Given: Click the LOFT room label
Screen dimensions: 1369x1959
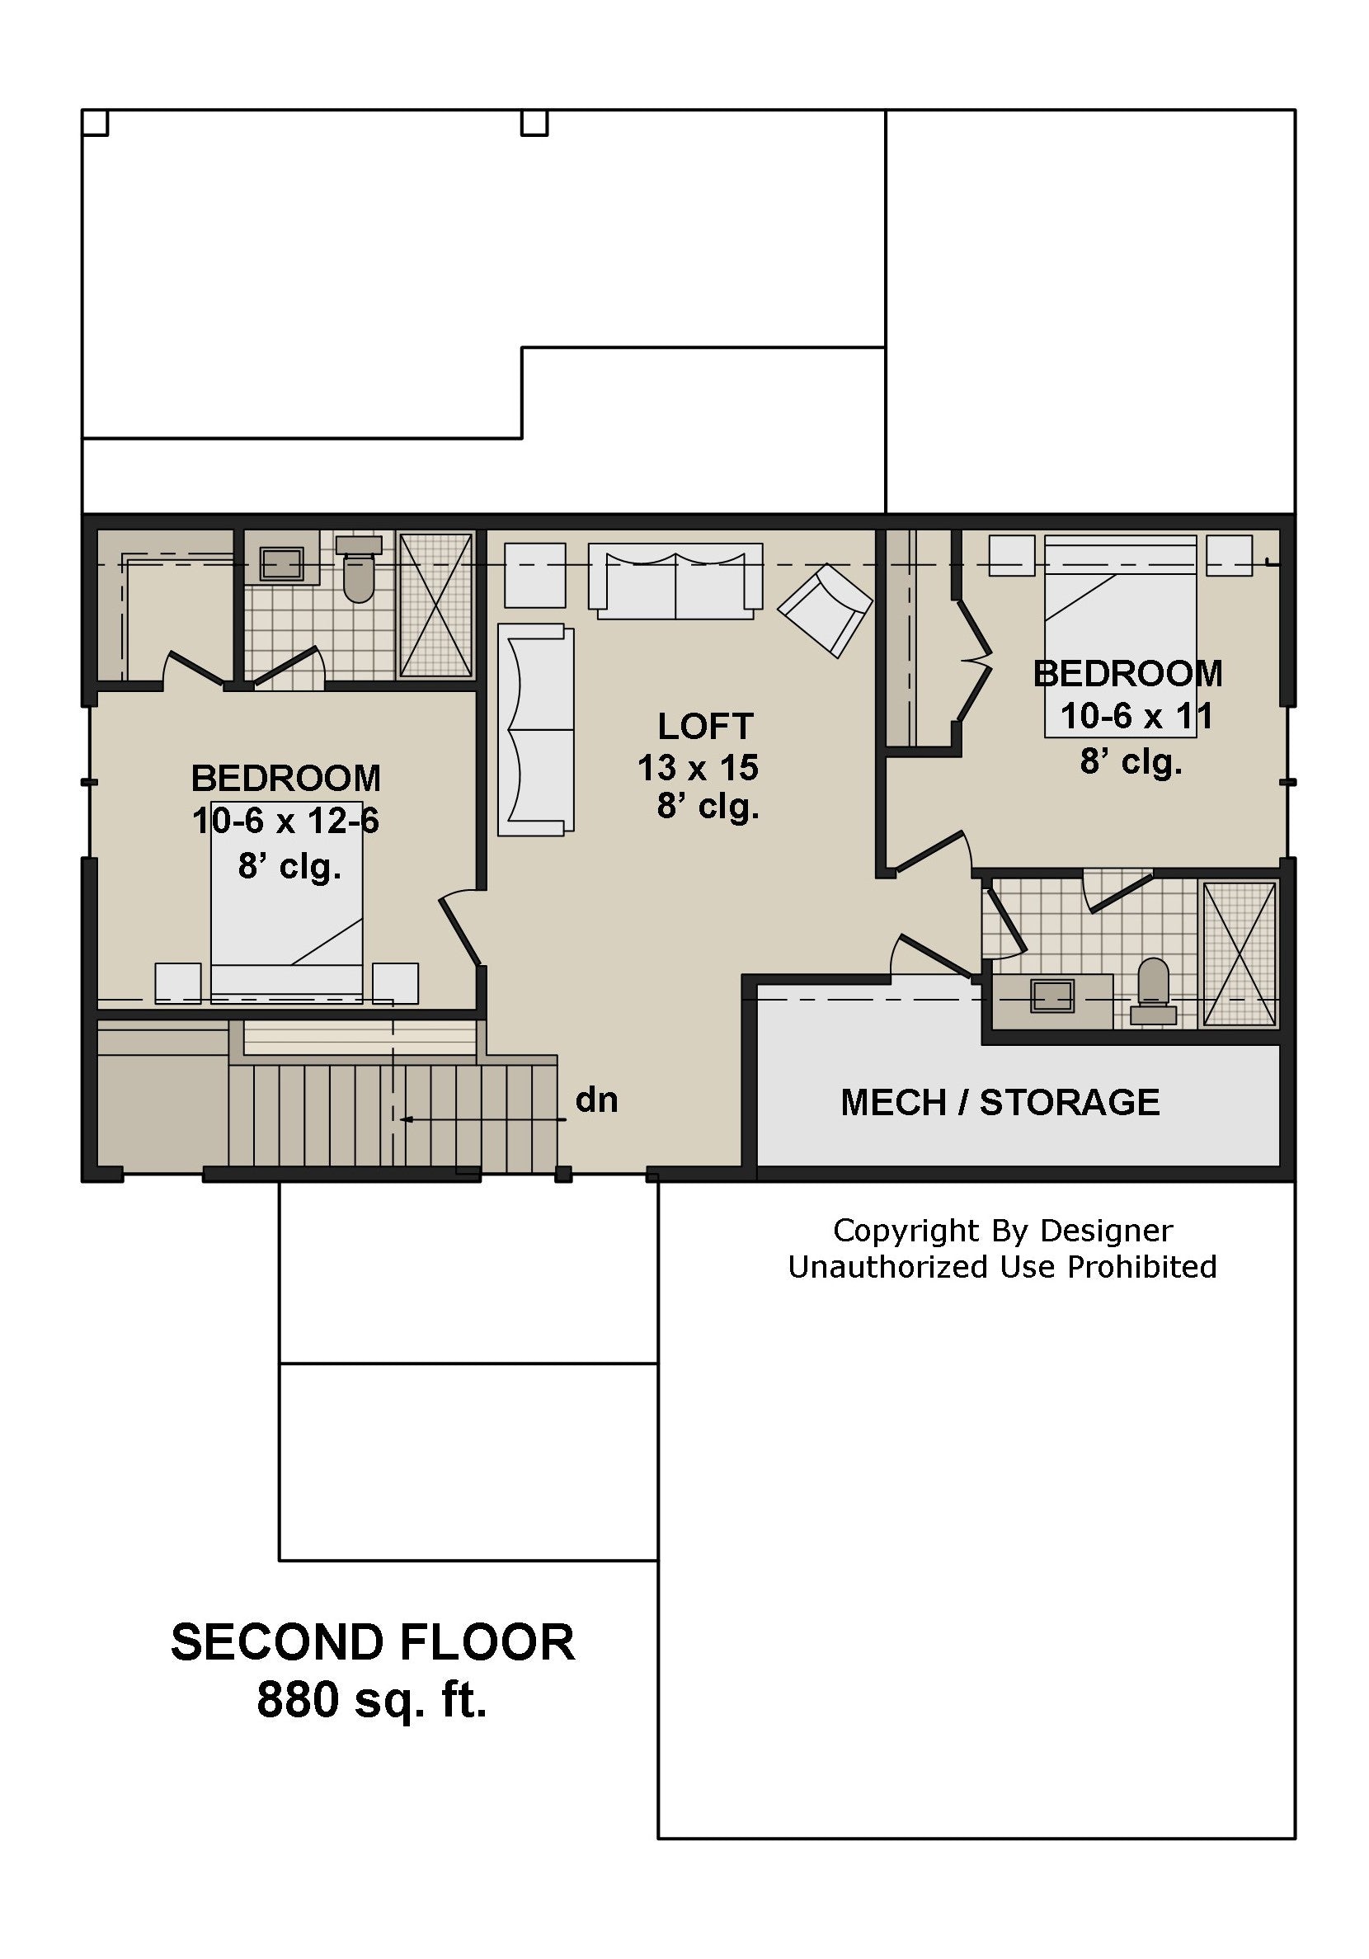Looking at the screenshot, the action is click(704, 727).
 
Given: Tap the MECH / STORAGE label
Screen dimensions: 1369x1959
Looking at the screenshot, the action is click(1000, 1102).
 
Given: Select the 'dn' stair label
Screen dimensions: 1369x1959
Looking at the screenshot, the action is click(596, 1100).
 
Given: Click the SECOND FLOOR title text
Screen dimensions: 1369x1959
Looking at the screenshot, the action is click(373, 1641).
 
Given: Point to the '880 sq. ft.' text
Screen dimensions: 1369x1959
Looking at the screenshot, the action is click(372, 1700).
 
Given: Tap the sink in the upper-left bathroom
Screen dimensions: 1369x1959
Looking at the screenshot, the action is click(281, 564).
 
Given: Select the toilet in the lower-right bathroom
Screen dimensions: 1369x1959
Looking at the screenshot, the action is click(1153, 991).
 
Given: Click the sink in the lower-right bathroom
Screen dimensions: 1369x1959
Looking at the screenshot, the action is click(1052, 996).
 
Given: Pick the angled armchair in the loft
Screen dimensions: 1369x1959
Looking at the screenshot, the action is click(825, 610).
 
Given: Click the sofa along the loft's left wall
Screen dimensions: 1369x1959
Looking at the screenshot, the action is click(536, 729).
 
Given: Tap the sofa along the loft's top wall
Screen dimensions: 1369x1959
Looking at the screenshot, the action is click(675, 581).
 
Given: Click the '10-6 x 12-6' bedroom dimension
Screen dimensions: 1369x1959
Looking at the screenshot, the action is click(285, 821).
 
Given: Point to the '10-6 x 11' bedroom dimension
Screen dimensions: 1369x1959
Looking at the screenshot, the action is click(1136, 716).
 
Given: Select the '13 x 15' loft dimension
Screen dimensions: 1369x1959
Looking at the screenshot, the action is click(698, 768).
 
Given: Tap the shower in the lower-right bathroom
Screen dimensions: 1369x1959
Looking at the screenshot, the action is click(1240, 953).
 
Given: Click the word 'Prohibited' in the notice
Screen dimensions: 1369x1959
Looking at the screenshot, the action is click(1142, 1267).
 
